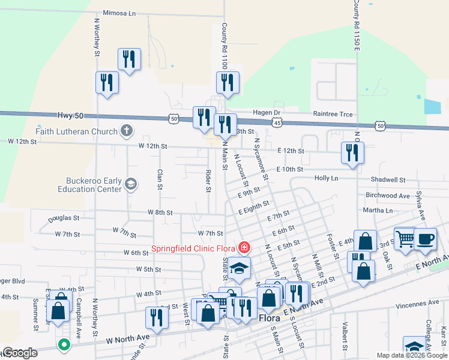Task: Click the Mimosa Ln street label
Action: pos(120,13)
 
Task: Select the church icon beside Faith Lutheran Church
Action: pos(126,130)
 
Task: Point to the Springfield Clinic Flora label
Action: pos(193,248)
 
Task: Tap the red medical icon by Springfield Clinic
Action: pos(244,247)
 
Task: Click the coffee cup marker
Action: pos(425,238)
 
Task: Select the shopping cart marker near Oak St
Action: pos(405,238)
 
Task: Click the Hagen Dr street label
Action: pos(268,113)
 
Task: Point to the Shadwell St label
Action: pos(388,179)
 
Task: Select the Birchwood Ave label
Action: pos(387,196)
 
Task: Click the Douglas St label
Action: pos(59,218)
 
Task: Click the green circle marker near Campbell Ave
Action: pos(64,344)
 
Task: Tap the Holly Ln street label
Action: pos(326,178)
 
